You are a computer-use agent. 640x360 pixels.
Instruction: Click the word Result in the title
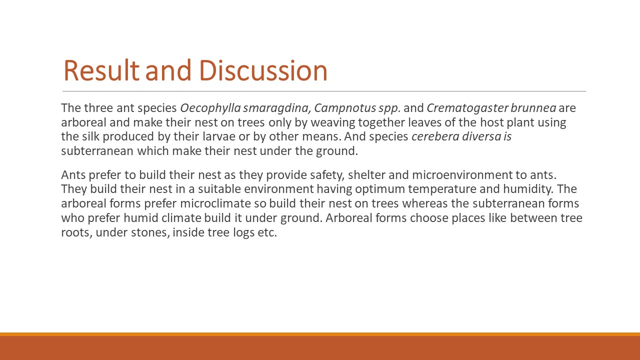pyautogui.click(x=101, y=70)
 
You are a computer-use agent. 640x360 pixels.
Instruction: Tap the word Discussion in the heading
pyautogui.click(x=263, y=70)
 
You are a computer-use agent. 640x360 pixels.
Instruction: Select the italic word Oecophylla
pyautogui.click(x=210, y=108)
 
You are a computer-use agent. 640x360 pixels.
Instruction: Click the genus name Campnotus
pyautogui.click(x=345, y=108)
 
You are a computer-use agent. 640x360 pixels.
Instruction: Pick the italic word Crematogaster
pyautogui.click(x=467, y=108)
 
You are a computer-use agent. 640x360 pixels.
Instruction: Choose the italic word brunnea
pyautogui.click(x=533, y=108)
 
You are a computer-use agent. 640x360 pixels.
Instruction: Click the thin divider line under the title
pyautogui.click(x=324, y=91)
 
